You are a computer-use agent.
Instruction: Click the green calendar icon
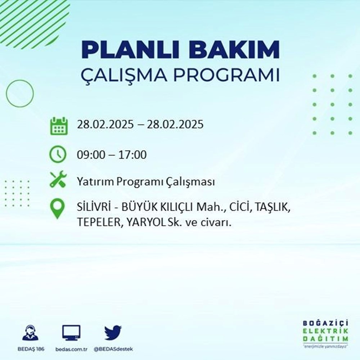(x=58, y=125)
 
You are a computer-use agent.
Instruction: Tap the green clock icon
(x=58, y=155)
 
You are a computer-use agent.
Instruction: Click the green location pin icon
(x=58, y=210)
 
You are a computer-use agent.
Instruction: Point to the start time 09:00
(x=90, y=155)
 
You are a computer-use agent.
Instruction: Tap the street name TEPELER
(x=98, y=223)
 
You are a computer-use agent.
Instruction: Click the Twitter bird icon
(x=113, y=333)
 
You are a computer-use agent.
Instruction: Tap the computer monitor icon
(x=71, y=333)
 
